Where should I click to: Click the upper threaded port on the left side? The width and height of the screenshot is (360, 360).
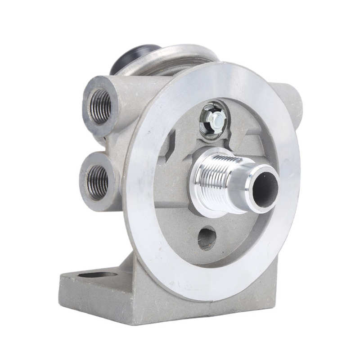click(101, 106)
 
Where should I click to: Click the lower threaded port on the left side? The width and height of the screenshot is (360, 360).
click(97, 181)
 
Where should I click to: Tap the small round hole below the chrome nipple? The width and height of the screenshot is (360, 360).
click(207, 238)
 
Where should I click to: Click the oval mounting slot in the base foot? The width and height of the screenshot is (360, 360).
click(97, 274)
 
